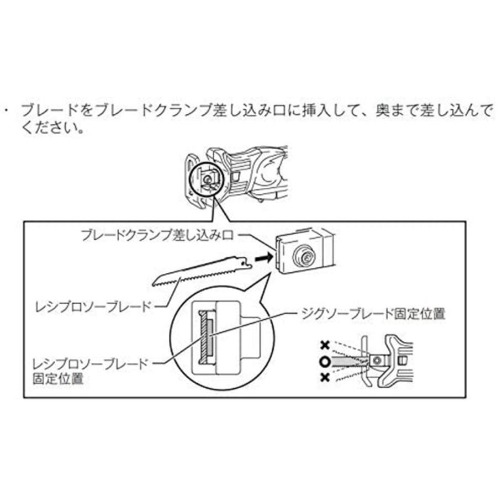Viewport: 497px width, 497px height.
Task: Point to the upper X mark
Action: pos(325,346)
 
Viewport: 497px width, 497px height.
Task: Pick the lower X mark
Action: pos(325,378)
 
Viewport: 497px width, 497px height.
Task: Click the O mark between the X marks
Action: pos(325,362)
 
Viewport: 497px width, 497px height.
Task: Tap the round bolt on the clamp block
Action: pos(304,256)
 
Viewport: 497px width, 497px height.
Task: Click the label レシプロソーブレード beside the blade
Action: pos(92,305)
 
